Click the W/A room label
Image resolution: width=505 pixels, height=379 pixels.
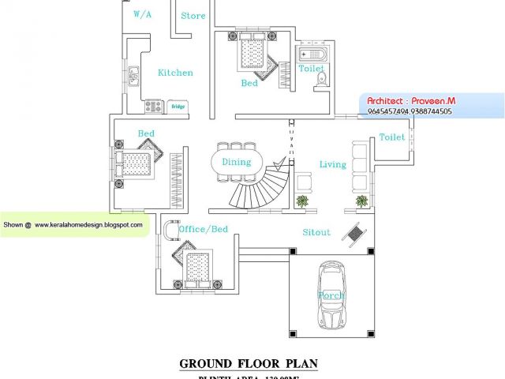[143, 14]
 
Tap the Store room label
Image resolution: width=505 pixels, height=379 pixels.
[193, 16]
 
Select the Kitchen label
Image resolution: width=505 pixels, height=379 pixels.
[175, 73]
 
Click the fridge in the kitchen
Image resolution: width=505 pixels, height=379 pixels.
[178, 106]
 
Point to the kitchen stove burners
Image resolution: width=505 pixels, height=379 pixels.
[153, 105]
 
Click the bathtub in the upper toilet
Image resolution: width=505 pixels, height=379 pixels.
[309, 55]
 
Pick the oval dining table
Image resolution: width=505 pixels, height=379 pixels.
[236, 163]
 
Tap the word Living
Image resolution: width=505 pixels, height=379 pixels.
[332, 164]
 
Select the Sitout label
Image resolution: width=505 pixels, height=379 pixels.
[316, 233]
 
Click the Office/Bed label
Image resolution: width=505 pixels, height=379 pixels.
[203, 230]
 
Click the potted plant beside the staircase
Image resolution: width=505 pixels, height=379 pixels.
[301, 201]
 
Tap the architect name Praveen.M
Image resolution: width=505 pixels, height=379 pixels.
[433, 102]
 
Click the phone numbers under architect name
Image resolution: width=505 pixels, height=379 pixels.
[410, 112]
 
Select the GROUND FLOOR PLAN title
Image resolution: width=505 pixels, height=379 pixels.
[249, 364]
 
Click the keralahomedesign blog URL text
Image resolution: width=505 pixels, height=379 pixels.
[88, 225]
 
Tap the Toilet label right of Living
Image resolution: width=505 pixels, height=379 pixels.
[392, 137]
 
